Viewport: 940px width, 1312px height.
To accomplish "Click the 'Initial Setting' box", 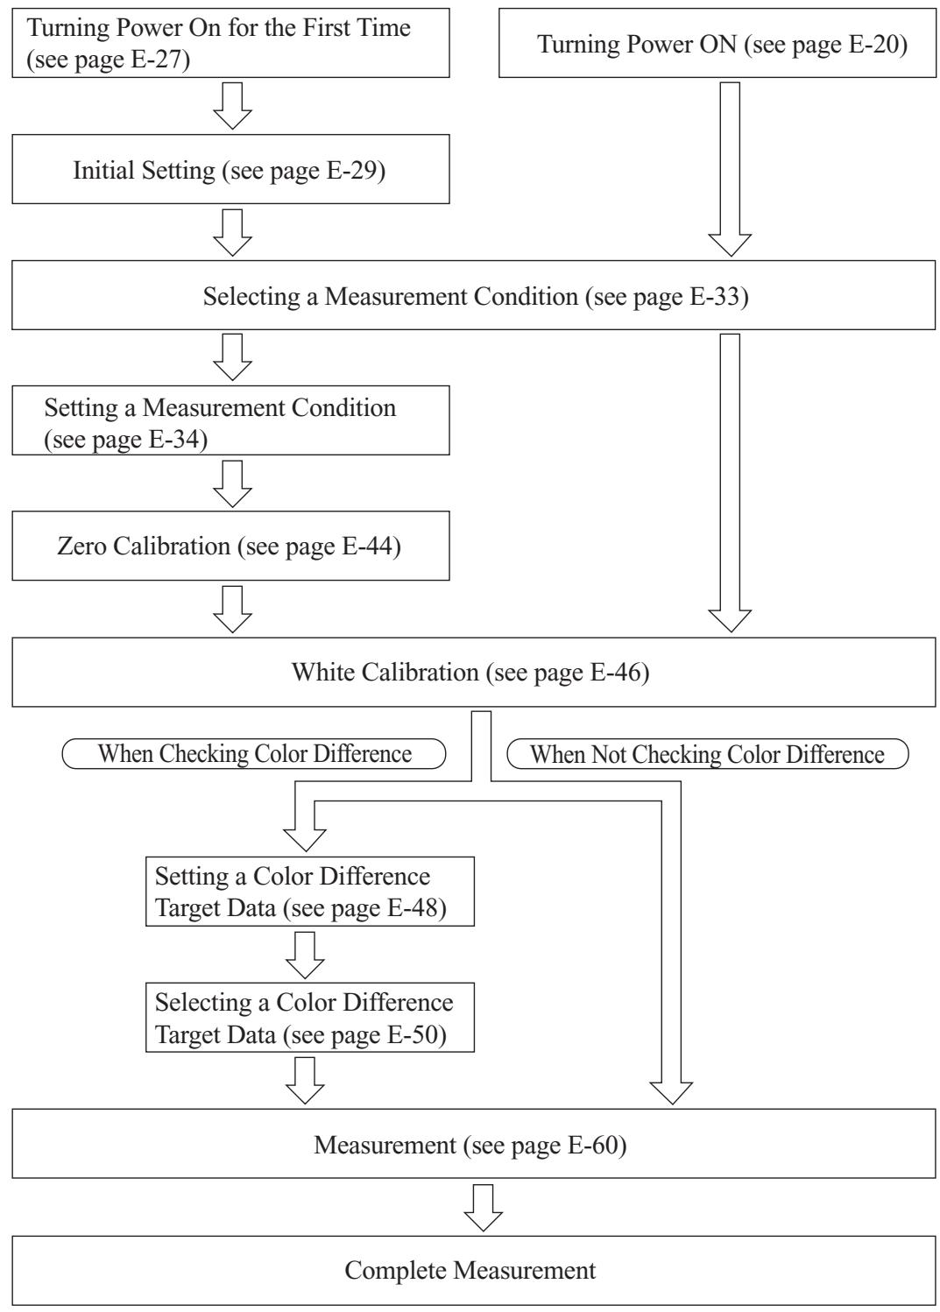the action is point(231,169).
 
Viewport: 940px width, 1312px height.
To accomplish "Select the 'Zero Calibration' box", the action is point(231,546).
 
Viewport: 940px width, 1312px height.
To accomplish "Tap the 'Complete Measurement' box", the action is point(474,1271).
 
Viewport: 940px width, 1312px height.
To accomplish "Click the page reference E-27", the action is point(157,60).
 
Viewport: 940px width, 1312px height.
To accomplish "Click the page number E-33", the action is point(715,296).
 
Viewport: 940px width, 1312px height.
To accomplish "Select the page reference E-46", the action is point(615,673).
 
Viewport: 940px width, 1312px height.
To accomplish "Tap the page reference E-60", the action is point(593,1145).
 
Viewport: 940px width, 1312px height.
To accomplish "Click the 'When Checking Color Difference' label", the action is point(254,754).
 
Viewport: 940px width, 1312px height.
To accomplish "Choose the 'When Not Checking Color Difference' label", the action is point(707,754).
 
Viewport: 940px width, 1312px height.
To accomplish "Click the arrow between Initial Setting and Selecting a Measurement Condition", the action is point(233,232).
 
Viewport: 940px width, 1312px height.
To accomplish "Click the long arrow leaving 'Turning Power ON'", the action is point(730,169).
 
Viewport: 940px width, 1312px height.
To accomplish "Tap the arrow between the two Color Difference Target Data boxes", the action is point(305,955).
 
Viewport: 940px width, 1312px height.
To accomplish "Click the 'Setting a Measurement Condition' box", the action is point(231,420).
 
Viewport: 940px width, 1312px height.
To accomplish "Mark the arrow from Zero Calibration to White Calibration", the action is point(233,610).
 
